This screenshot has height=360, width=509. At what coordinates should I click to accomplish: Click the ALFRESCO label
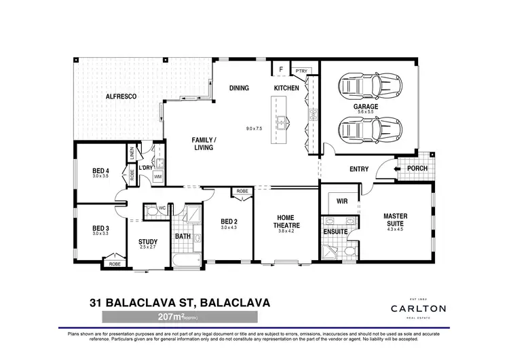pyautogui.click(x=121, y=97)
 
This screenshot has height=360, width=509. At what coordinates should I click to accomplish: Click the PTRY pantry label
pyautogui.click(x=301, y=71)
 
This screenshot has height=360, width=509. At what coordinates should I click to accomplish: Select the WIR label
pyautogui.click(x=342, y=201)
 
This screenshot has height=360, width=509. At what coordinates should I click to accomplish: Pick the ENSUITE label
pyautogui.click(x=335, y=232)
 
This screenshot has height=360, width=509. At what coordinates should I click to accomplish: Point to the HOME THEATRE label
pyautogui.click(x=285, y=222)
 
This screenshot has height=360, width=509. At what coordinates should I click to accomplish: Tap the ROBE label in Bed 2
pyautogui.click(x=242, y=192)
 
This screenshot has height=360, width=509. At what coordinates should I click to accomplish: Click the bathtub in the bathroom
pyautogui.click(x=184, y=260)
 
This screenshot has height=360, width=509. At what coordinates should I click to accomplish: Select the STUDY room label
pyautogui.click(x=148, y=241)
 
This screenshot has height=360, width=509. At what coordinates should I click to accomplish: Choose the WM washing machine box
pyautogui.click(x=158, y=177)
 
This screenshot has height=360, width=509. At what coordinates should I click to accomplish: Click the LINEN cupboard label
pyautogui.click(x=131, y=155)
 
